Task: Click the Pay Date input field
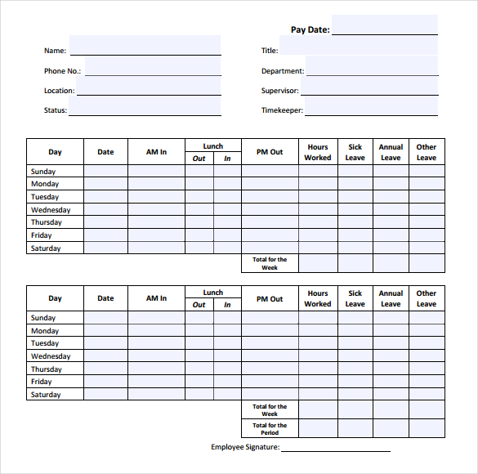point(384,25)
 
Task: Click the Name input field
point(145,46)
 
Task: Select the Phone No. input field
point(152,66)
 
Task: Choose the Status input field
point(145,106)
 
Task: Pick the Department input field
point(371,66)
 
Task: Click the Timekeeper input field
point(371,106)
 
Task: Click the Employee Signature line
point(335,448)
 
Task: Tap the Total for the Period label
point(270,429)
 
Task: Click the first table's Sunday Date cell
point(105,172)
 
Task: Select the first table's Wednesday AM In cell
point(156,210)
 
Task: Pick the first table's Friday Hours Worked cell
point(318,235)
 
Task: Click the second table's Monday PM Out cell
point(270,331)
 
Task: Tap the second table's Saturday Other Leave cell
point(427,395)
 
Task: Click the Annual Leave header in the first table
point(391,152)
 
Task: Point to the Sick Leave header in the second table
point(355,298)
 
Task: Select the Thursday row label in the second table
point(47,369)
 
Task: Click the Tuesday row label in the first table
point(45,197)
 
